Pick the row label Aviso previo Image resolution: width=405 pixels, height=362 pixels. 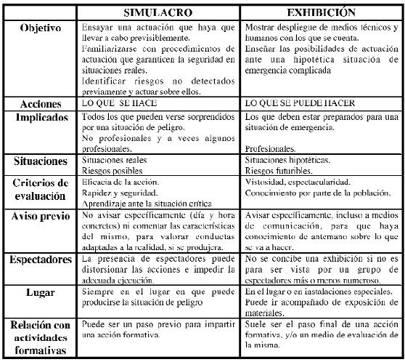click(41, 217)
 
